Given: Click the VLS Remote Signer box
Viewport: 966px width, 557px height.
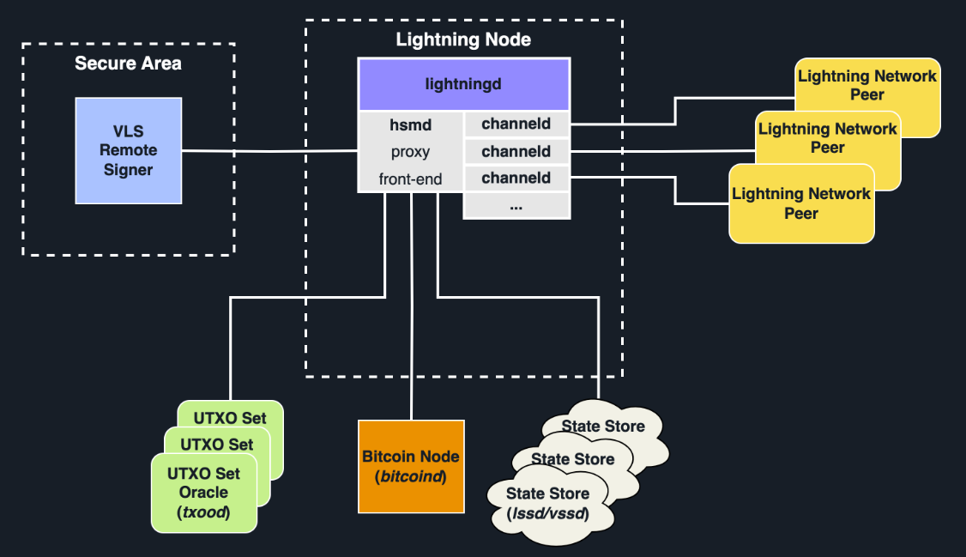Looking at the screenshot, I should pyautogui.click(x=128, y=150).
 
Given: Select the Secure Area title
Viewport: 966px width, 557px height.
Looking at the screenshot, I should pyautogui.click(x=128, y=64).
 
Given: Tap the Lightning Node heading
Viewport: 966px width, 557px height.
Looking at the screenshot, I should pyautogui.click(x=463, y=39).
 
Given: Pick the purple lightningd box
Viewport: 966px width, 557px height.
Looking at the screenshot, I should pyautogui.click(x=463, y=84).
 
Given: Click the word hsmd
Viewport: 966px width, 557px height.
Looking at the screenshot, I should pyautogui.click(x=410, y=124).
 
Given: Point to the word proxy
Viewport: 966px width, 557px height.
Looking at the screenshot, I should pyautogui.click(x=410, y=152).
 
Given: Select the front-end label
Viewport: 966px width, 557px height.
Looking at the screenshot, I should pyautogui.click(x=410, y=179).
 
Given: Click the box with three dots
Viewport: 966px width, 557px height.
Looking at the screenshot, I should pyautogui.click(x=516, y=206).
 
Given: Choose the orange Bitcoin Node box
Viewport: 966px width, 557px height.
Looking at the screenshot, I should pyautogui.click(x=411, y=466).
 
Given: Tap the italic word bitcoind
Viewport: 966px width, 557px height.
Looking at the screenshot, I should pyautogui.click(x=411, y=476).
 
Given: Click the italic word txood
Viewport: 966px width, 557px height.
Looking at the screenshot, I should pyautogui.click(x=203, y=512).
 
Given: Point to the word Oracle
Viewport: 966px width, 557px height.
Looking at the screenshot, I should pyautogui.click(x=203, y=493).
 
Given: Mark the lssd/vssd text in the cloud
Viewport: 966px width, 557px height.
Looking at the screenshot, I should pyautogui.click(x=547, y=512).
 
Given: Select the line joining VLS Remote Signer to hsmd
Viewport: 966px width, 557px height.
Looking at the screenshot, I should pyautogui.click(x=270, y=152).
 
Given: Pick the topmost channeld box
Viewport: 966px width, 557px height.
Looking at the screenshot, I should pyautogui.click(x=516, y=124).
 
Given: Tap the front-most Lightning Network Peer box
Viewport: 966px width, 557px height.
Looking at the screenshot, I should pyautogui.click(x=801, y=204).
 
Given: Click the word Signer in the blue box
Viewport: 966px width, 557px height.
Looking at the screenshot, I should pyautogui.click(x=128, y=170).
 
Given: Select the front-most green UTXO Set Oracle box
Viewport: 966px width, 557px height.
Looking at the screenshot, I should pyautogui.click(x=203, y=493).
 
